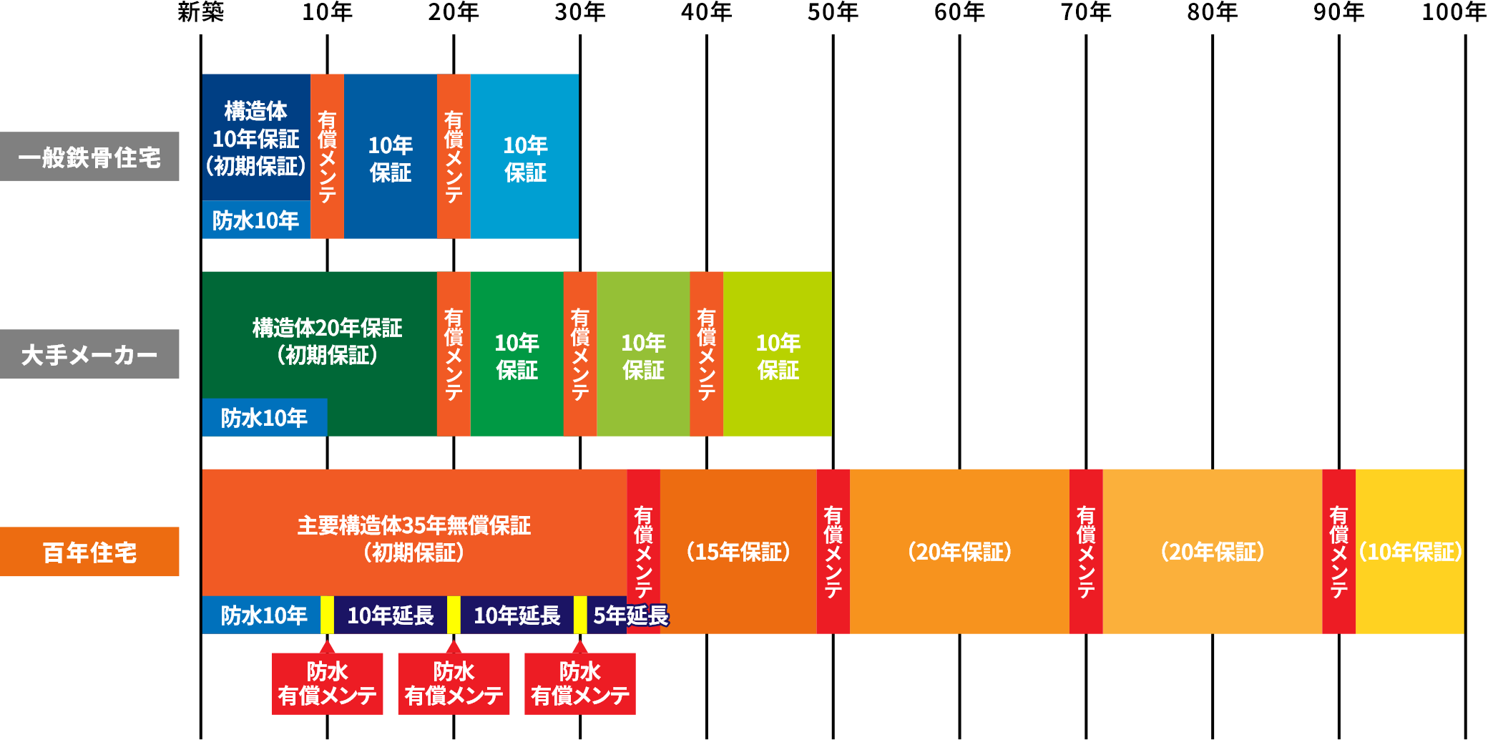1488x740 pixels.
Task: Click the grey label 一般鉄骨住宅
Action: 89,156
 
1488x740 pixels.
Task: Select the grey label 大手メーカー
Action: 89,354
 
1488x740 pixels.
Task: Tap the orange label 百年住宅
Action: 89,552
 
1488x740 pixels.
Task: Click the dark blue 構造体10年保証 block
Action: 256,137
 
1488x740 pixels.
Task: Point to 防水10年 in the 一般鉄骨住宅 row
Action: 256,220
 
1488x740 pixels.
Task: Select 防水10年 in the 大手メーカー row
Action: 264,418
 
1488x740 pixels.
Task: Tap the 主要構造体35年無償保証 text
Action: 414,526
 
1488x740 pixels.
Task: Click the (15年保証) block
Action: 738,552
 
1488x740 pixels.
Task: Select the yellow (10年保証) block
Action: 1410,552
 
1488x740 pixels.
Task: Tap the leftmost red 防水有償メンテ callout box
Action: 327,683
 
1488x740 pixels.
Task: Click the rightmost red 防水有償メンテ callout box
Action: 580,683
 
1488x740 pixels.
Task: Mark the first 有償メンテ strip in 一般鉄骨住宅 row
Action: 327,156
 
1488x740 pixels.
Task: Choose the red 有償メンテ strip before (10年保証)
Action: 1338,552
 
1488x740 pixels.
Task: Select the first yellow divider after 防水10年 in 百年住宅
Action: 327,615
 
